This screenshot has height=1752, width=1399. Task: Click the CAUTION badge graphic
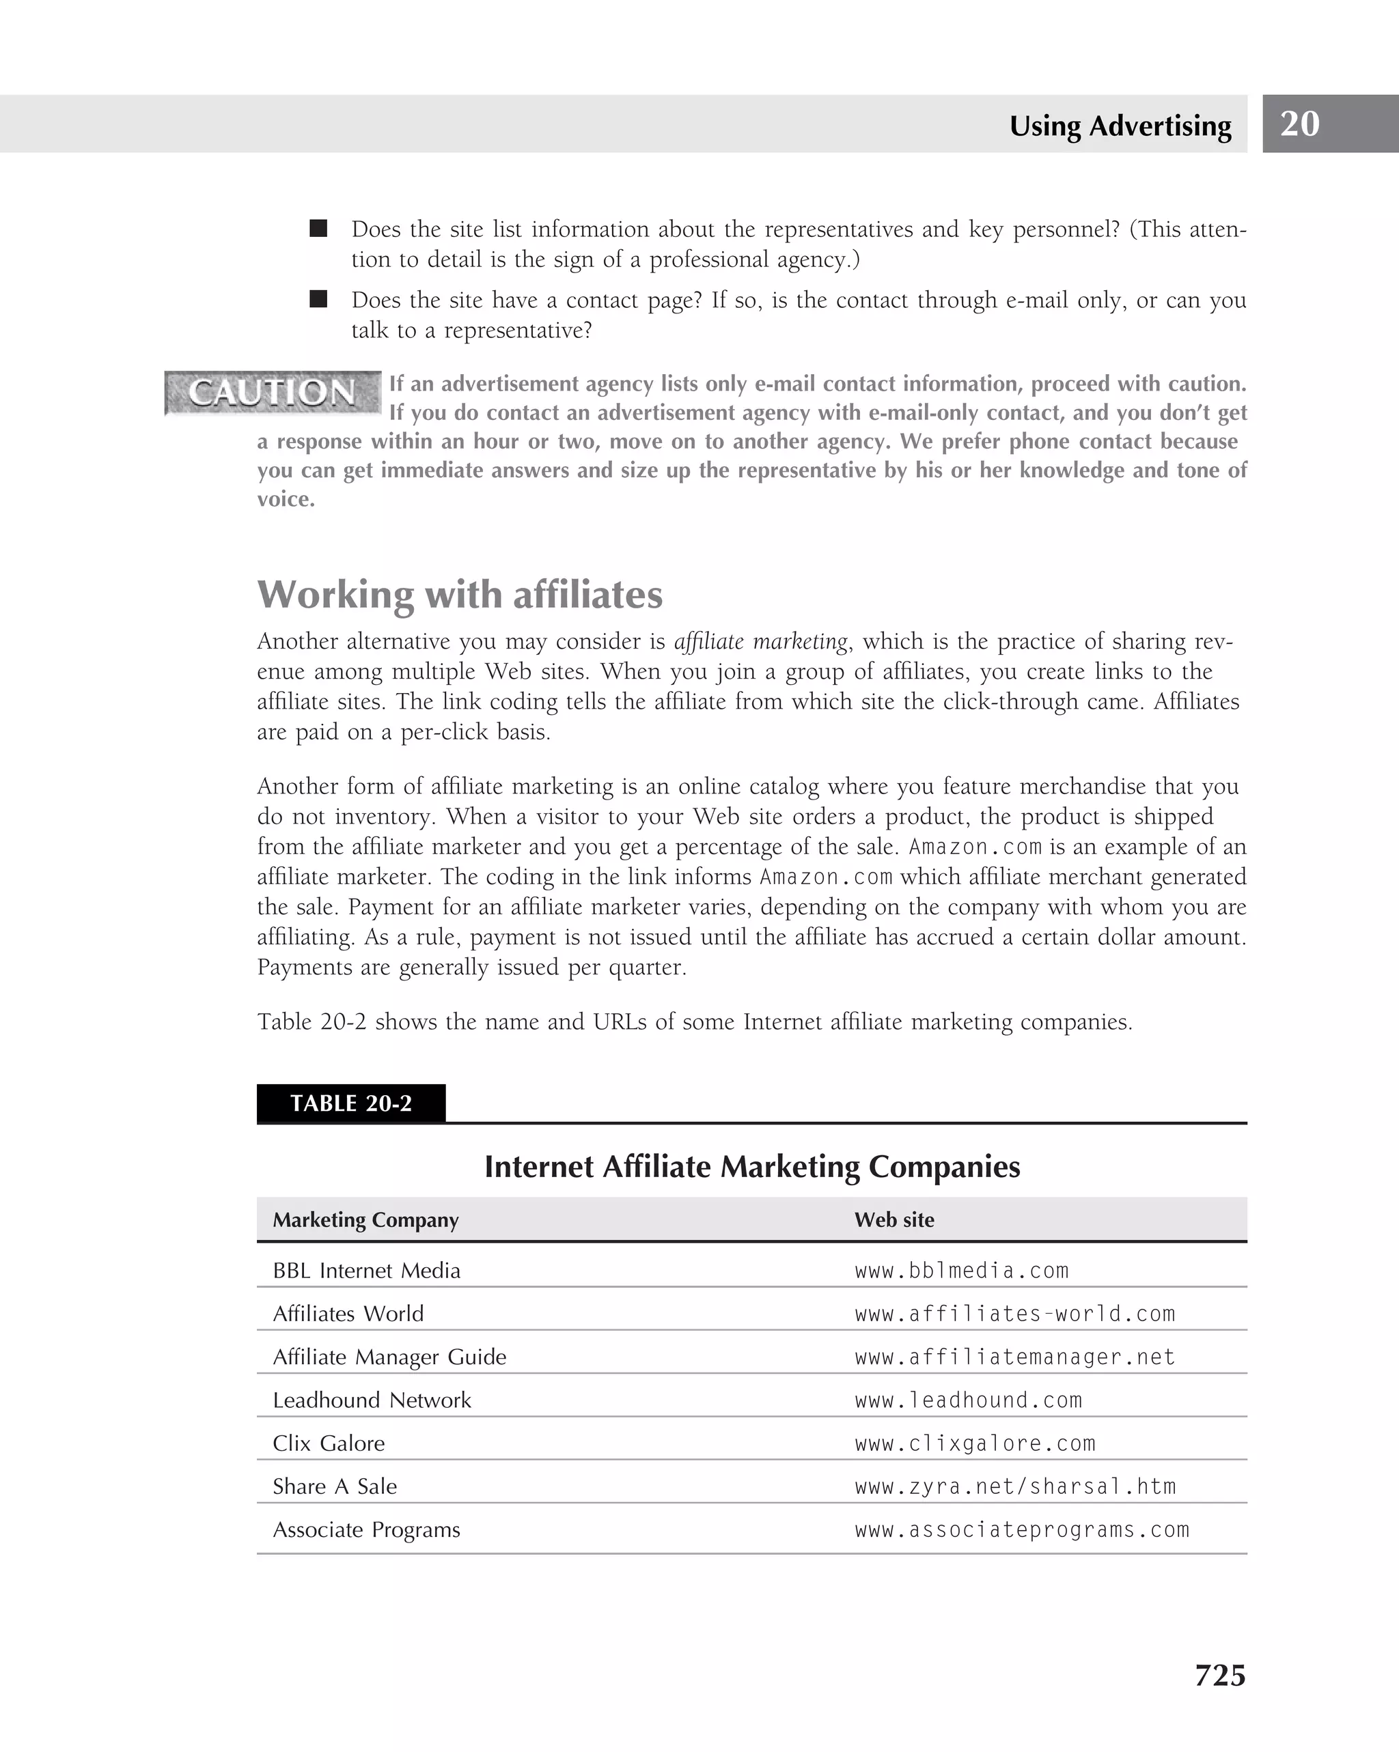(273, 393)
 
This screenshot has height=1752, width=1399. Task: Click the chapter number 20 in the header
(1299, 124)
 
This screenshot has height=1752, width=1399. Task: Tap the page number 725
(1219, 1676)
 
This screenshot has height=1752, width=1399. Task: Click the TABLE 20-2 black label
(350, 1103)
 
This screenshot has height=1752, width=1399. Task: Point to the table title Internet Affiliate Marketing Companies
(752, 1166)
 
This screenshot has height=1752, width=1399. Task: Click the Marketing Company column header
(366, 1219)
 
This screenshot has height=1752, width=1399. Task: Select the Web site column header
(894, 1219)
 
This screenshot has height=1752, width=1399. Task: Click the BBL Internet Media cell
(367, 1271)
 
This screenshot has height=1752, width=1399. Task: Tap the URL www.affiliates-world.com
(1014, 1314)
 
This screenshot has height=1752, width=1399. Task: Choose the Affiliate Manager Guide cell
(389, 1357)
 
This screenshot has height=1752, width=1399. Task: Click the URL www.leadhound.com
(968, 1400)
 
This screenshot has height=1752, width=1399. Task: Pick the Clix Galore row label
(329, 1443)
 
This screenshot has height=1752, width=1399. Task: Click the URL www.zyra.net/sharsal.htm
(1014, 1486)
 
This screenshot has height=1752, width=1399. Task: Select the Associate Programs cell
(366, 1529)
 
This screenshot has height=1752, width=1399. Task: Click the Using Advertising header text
(1120, 126)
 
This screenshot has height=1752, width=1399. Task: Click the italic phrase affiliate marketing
(761, 642)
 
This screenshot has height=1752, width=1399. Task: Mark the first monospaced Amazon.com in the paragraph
(975, 847)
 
